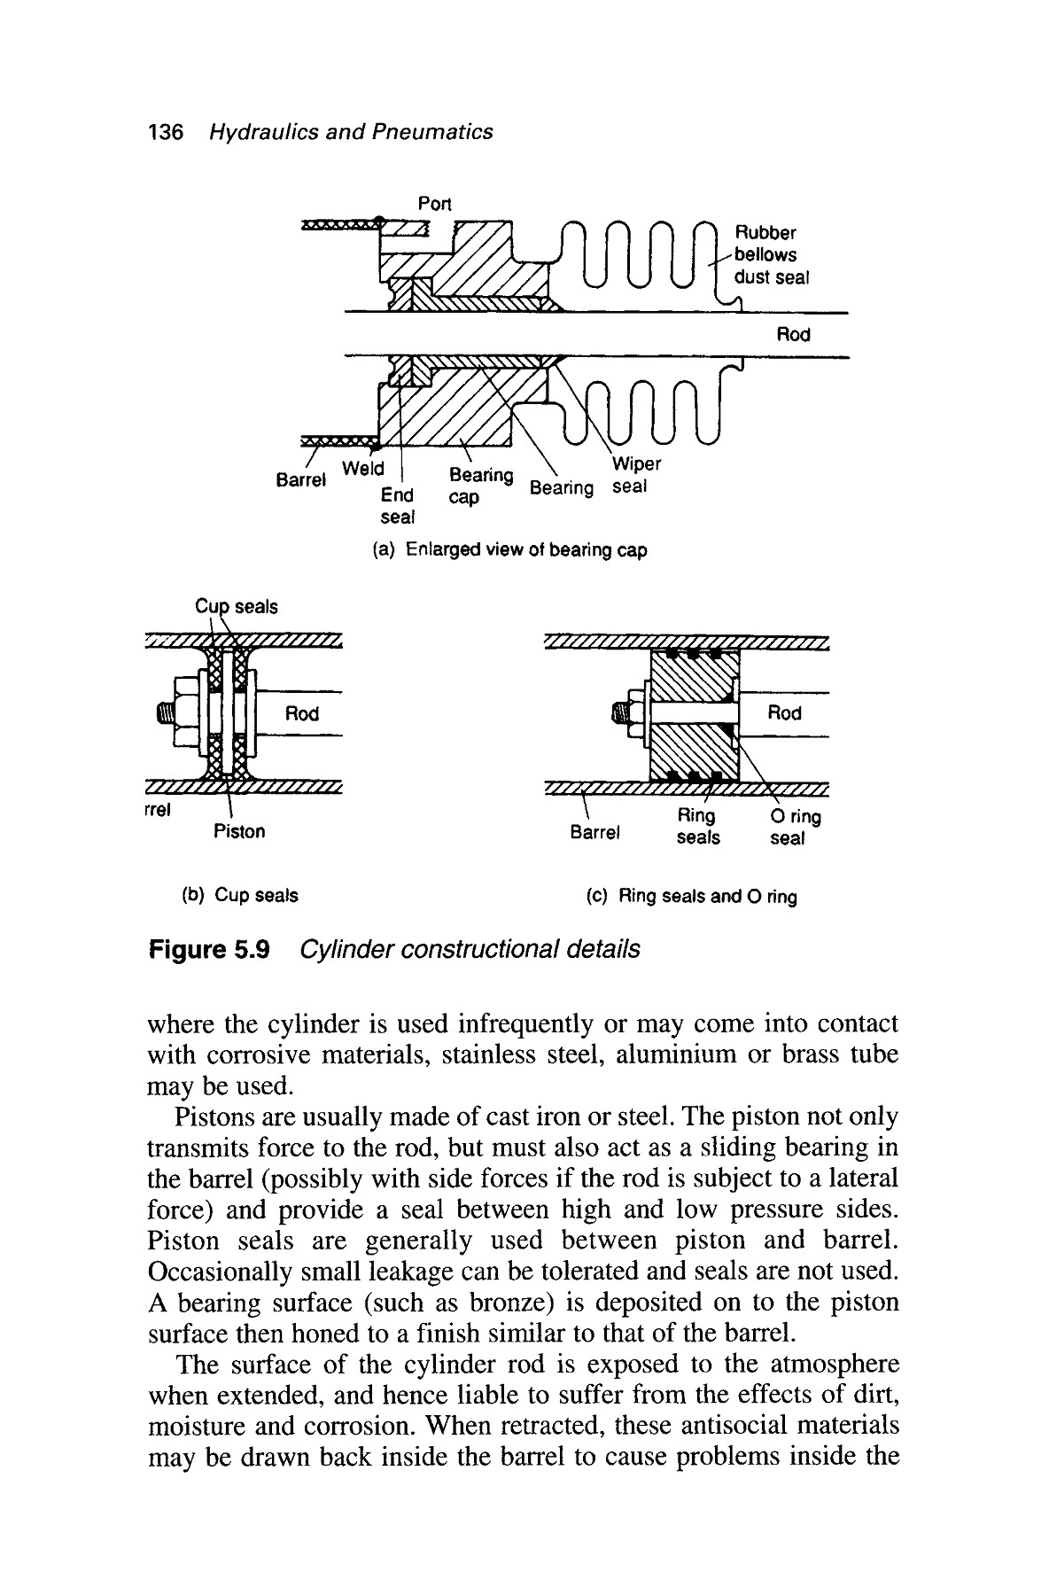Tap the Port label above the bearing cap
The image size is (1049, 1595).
coord(434,204)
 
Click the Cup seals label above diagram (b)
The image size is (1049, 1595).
coord(236,607)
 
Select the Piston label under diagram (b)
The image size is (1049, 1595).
coord(239,831)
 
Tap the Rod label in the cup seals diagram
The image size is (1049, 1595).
coord(302,713)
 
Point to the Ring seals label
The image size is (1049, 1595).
coord(697,826)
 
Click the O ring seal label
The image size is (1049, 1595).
coord(791,827)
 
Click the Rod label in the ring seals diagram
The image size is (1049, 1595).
coord(784,713)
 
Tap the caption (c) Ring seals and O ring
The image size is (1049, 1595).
coord(692,897)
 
